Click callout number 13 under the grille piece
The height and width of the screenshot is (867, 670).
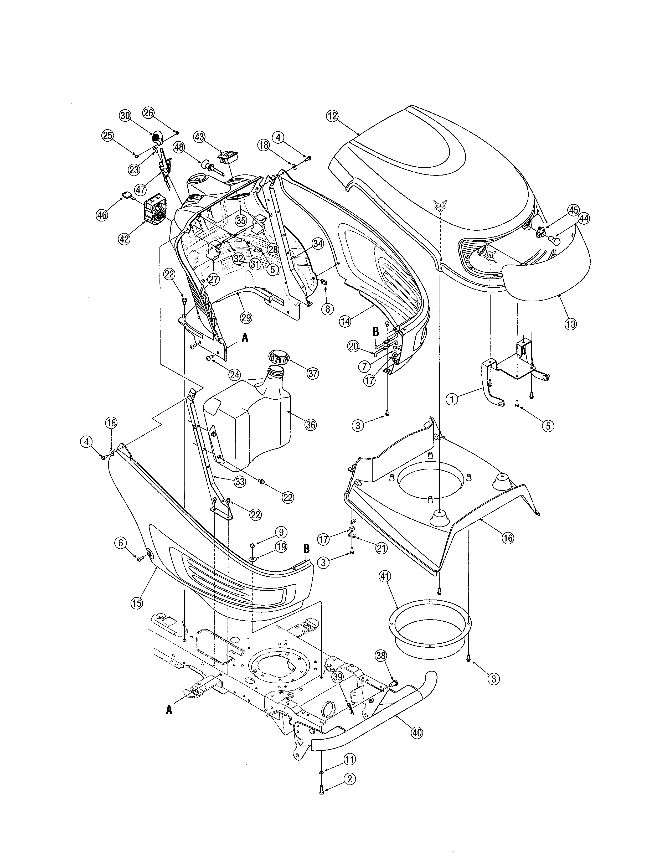[x=570, y=324]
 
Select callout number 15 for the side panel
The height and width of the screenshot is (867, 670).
[x=136, y=603]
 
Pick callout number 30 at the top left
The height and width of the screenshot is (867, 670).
[x=125, y=116]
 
